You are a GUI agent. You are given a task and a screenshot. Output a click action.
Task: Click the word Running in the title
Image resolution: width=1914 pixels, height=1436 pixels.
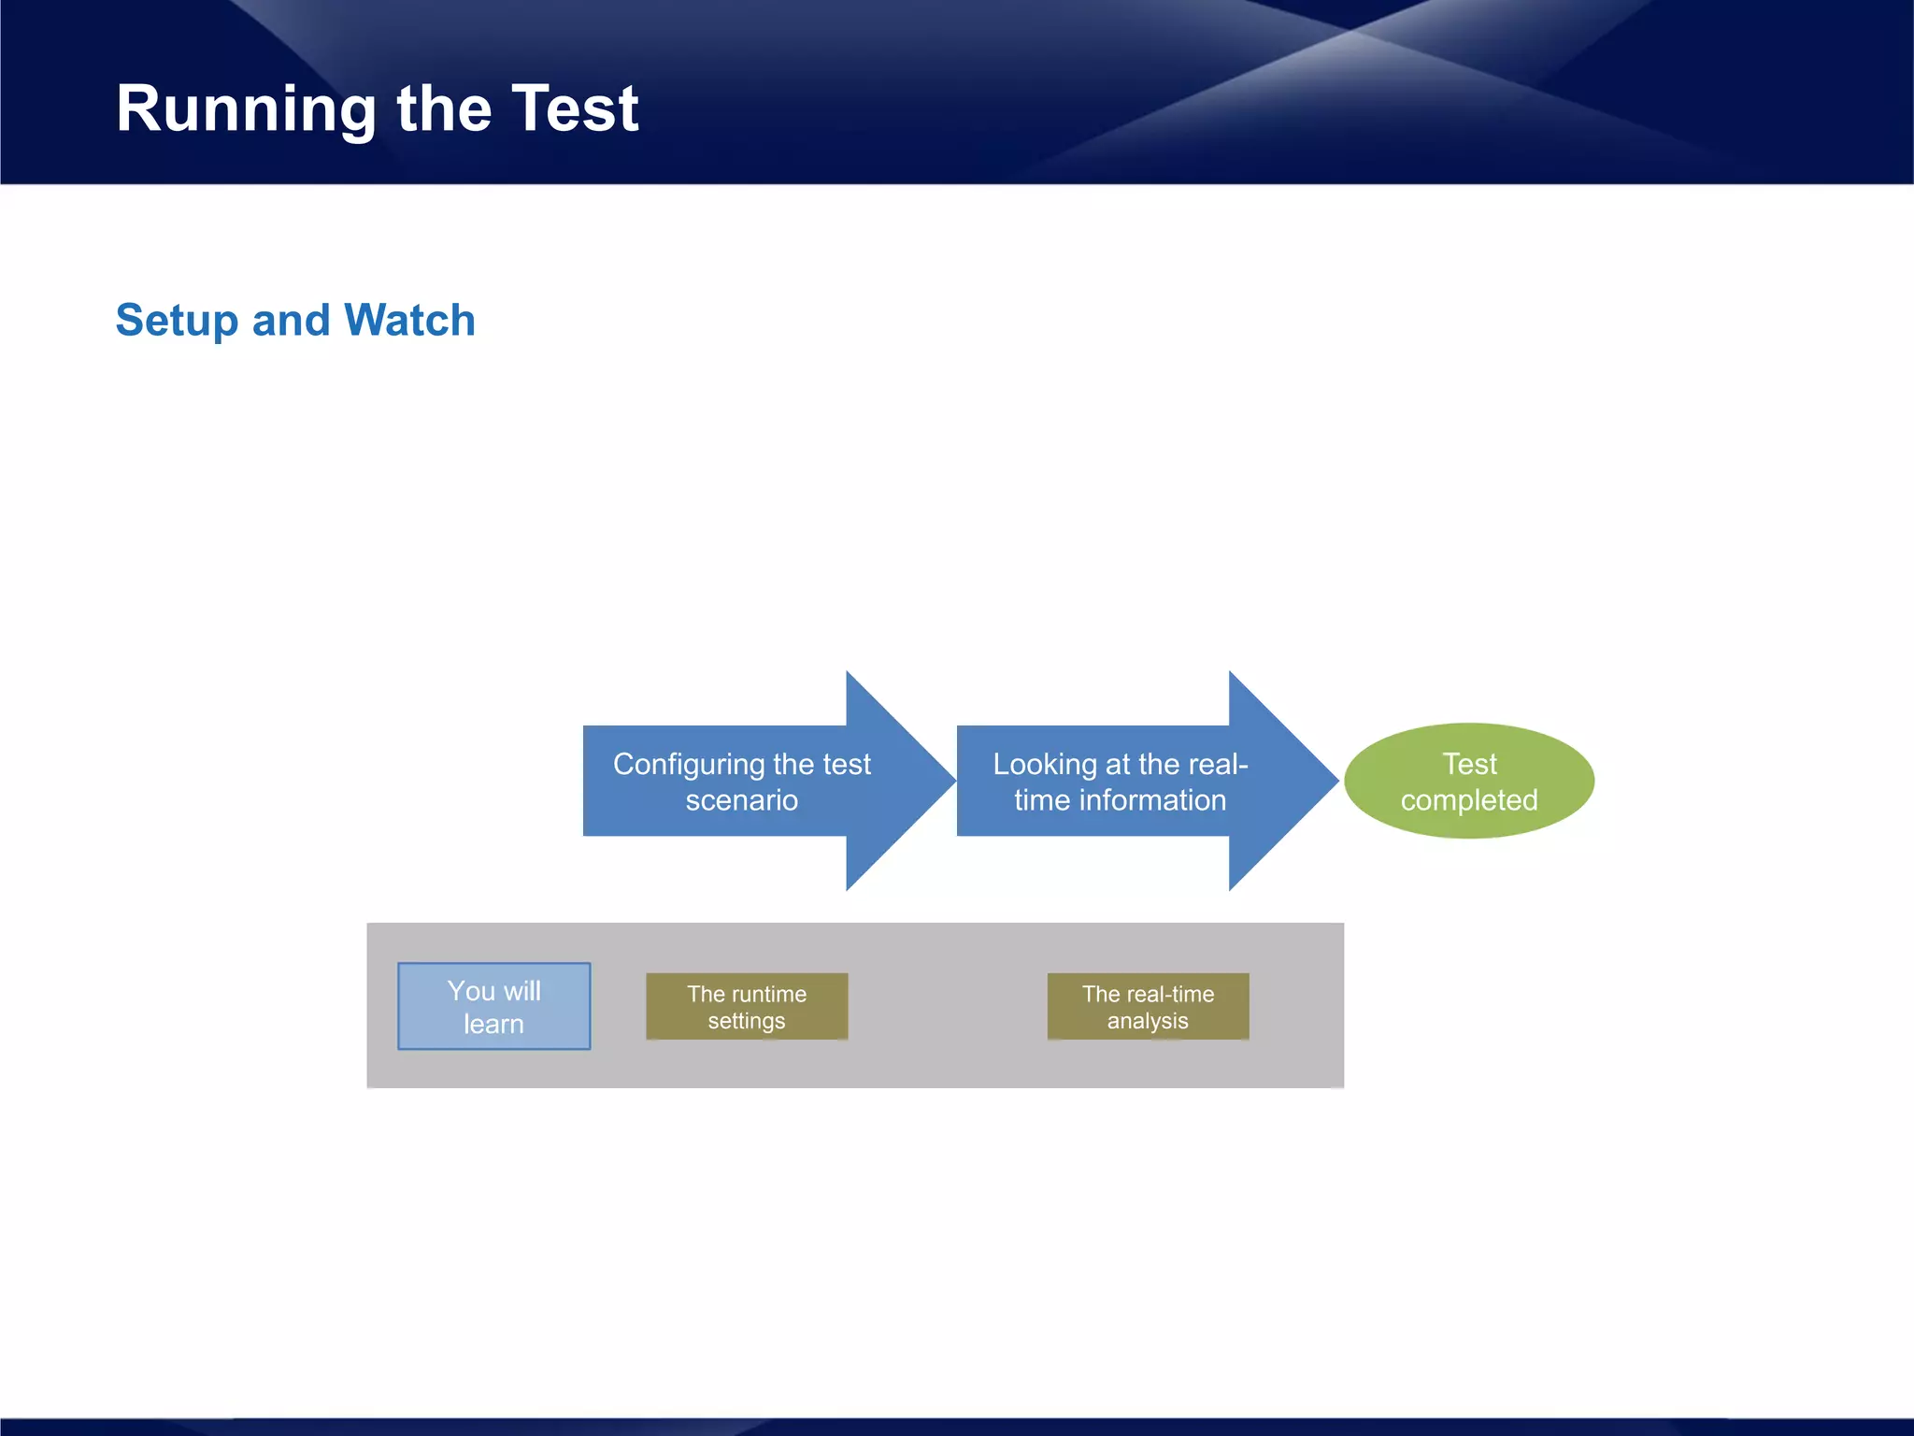point(245,110)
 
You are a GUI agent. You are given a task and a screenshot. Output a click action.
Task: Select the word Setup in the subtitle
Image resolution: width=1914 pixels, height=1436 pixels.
point(177,321)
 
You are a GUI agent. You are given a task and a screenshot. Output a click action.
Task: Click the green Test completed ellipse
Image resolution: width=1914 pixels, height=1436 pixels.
point(1468,781)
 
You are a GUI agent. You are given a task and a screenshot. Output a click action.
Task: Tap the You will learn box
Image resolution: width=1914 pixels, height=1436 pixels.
point(493,1006)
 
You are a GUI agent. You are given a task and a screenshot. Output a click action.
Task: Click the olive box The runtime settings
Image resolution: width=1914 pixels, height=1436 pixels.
point(747,1007)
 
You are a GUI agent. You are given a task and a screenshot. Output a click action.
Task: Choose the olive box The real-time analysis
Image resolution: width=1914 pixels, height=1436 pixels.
point(1148,1007)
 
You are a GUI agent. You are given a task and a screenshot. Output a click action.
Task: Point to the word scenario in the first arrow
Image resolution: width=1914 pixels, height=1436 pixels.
point(741,800)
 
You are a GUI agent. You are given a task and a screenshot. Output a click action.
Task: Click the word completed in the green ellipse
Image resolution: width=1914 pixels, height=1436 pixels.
point(1468,800)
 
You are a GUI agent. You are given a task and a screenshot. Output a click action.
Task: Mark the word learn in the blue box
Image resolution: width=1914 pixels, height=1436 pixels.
point(493,1024)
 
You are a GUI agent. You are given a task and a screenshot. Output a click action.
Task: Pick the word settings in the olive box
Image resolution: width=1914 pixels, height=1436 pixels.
point(746,1021)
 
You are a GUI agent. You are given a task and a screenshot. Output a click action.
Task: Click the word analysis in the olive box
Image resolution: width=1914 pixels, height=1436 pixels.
point(1148,1021)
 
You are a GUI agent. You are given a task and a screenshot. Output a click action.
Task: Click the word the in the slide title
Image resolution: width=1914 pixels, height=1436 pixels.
point(444,108)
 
